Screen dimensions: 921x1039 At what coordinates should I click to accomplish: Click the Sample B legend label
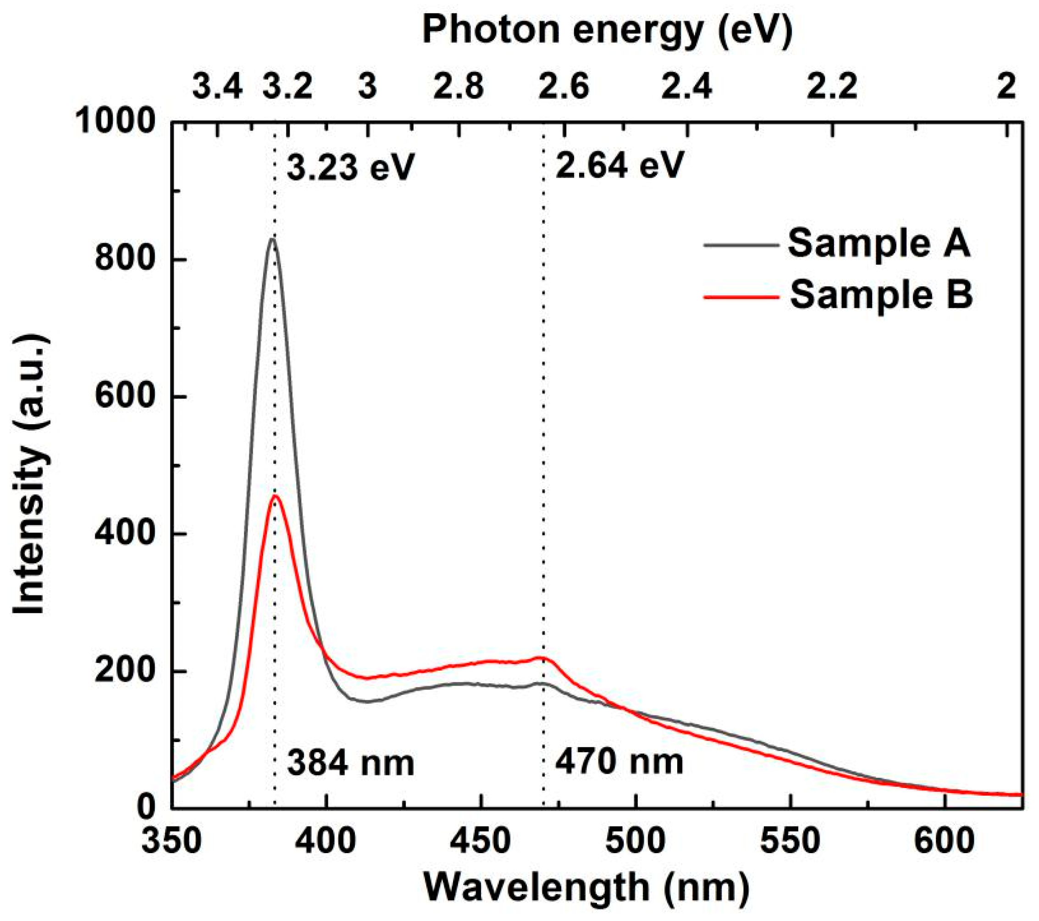pos(881,295)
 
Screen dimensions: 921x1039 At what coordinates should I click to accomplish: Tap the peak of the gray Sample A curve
pos(273,239)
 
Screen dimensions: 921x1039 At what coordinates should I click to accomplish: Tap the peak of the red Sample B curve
pos(276,496)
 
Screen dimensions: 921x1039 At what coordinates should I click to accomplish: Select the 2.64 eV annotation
pos(619,165)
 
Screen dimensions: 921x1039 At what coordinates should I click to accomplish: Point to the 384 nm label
pos(350,763)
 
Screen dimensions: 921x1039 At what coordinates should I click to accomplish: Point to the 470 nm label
pos(619,761)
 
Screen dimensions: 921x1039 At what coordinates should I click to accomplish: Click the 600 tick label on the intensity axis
pos(125,397)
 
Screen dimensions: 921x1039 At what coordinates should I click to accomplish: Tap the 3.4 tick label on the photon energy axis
pos(217,88)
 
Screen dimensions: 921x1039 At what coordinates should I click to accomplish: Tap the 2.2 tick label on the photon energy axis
pos(833,88)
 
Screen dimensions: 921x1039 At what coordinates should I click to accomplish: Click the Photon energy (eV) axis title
pos(608,31)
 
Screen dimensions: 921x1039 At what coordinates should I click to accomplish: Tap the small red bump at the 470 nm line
pos(543,658)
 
